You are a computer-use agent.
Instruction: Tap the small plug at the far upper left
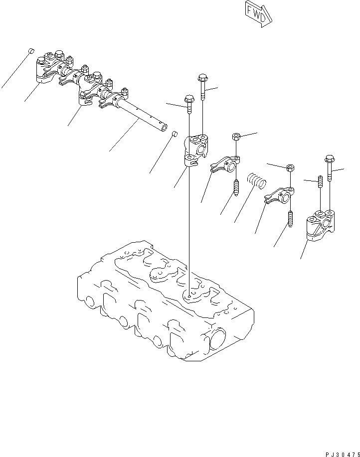(30, 51)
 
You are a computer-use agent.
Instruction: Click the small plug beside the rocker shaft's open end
(175, 134)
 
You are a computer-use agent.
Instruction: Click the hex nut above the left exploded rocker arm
(237, 137)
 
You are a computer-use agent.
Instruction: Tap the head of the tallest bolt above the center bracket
(202, 78)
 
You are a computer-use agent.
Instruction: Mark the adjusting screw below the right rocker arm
(290, 219)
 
